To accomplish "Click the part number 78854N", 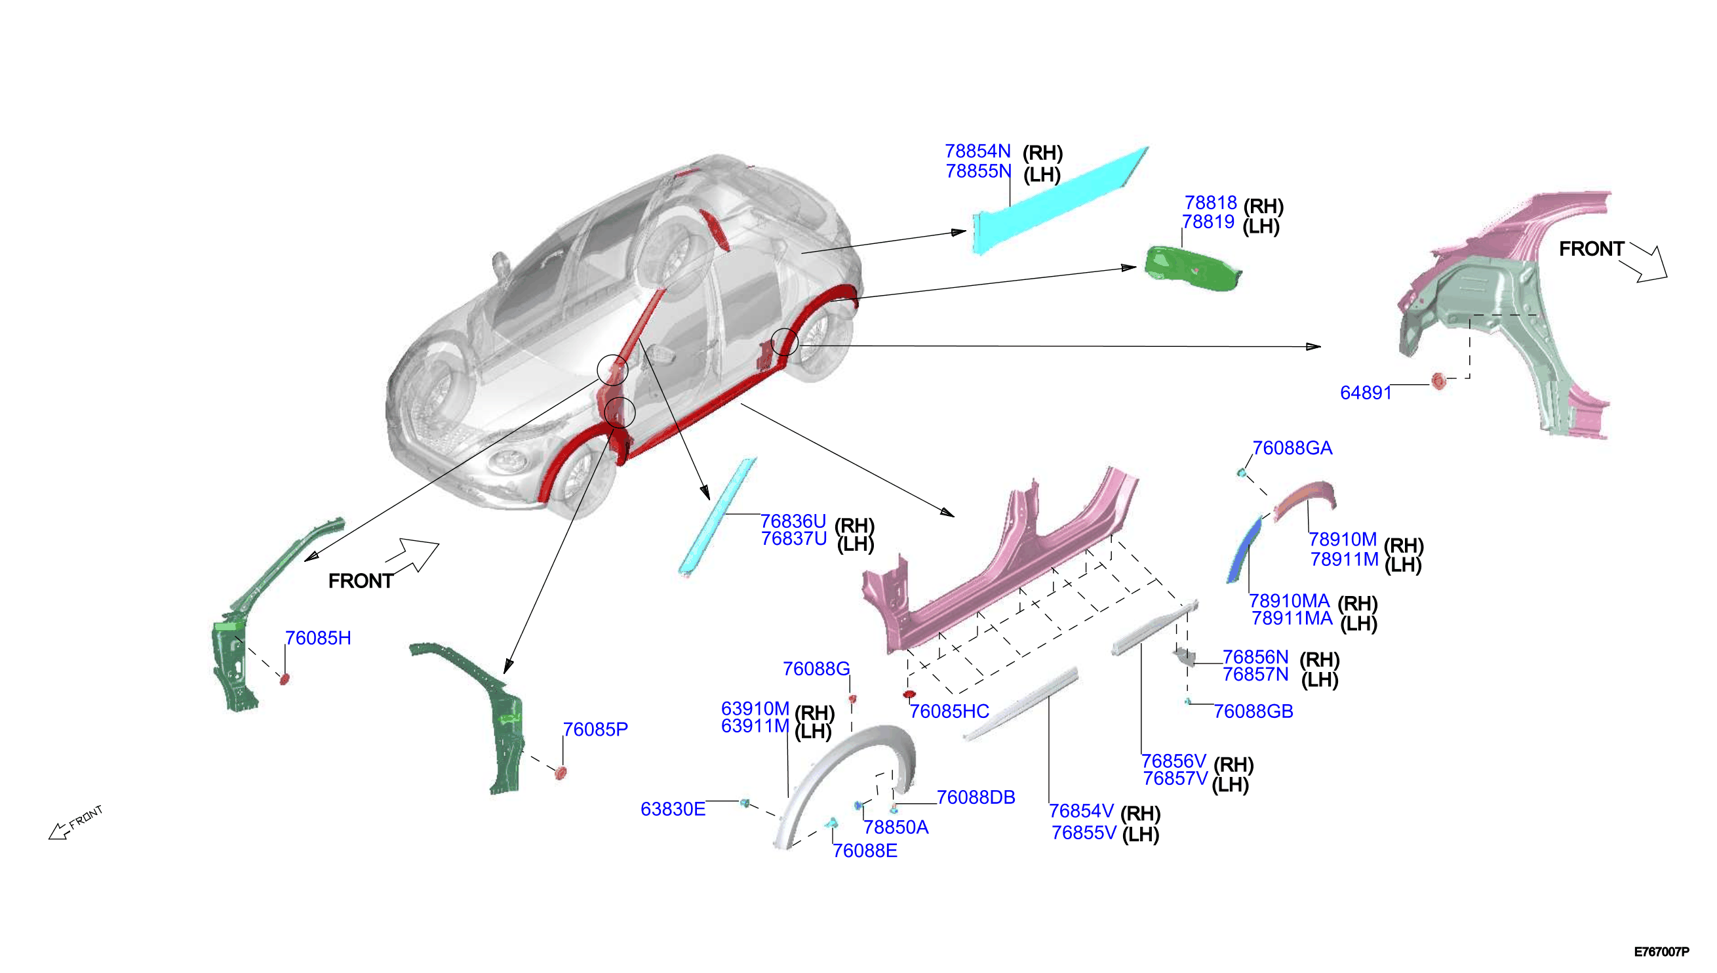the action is (977, 151).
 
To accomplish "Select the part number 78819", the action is (1208, 222).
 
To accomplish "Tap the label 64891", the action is (1366, 393).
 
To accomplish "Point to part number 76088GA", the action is (1292, 448).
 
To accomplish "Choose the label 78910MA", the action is (1290, 601).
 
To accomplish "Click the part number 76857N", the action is (1255, 675).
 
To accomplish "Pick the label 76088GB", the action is (1253, 711).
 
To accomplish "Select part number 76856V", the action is (1174, 762).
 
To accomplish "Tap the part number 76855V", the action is (1084, 833).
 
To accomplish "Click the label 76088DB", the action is (976, 798).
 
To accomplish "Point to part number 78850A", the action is (896, 828).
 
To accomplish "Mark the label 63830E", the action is (673, 810).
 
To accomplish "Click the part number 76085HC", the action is (949, 711).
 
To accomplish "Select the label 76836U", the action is (793, 521).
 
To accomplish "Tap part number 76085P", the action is (595, 730).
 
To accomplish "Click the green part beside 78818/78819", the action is (1193, 269).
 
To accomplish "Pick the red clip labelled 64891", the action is (1438, 381).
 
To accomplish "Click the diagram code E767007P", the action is (1661, 951).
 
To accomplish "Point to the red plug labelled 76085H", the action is (284, 680).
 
